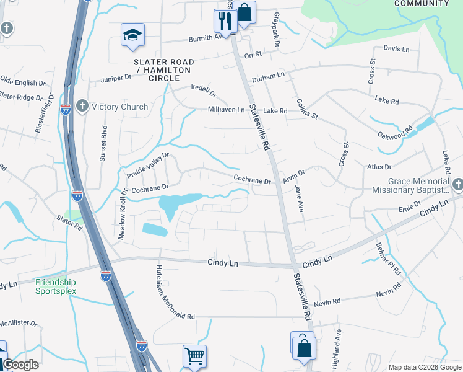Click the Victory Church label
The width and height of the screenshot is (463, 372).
119,107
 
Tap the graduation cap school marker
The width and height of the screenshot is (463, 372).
132,36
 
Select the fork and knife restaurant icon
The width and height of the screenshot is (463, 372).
225,21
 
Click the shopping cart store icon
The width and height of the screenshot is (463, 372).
194,356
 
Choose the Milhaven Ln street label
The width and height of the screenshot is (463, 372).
226,110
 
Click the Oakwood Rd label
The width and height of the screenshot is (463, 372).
399,134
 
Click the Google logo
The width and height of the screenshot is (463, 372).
21,365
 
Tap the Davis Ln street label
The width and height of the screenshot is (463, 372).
397,48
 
